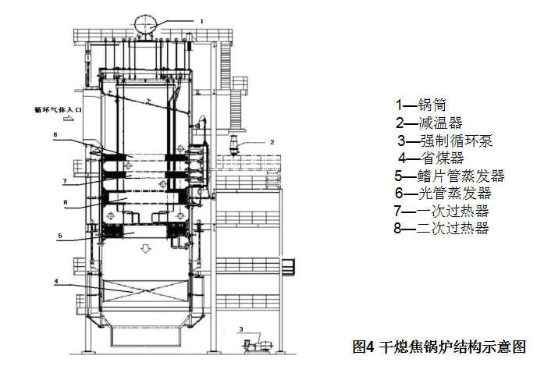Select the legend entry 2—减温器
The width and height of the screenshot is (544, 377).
pos(428,123)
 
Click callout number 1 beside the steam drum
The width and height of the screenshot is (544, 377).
pos(201,22)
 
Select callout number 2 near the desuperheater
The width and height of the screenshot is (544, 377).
pos(272,142)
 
